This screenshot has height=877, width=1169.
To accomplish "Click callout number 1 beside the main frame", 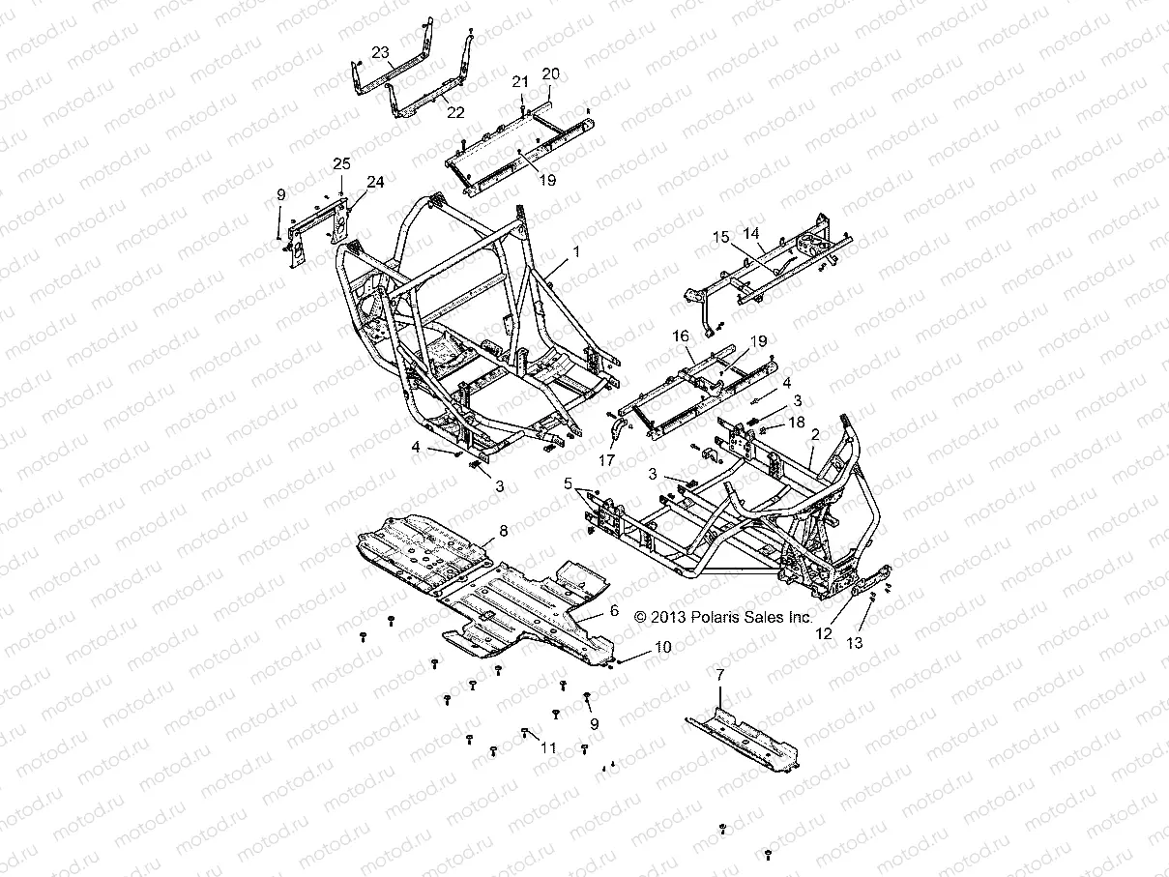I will pyautogui.click(x=576, y=251).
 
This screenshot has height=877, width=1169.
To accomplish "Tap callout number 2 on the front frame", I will pyautogui.click(x=814, y=436).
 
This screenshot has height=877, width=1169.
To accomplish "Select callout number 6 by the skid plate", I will pyautogui.click(x=612, y=611).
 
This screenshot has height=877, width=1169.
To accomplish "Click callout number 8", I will pyautogui.click(x=503, y=530).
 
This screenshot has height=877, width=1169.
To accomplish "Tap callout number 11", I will pyautogui.click(x=548, y=747).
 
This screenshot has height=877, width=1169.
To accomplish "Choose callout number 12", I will pyautogui.click(x=824, y=634).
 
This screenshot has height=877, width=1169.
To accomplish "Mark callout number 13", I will pyautogui.click(x=854, y=642).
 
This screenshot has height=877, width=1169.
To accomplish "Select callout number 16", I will pyautogui.click(x=681, y=336).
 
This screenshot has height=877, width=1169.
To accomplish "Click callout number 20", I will pyautogui.click(x=551, y=73).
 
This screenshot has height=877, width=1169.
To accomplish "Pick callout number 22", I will pyautogui.click(x=455, y=112).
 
